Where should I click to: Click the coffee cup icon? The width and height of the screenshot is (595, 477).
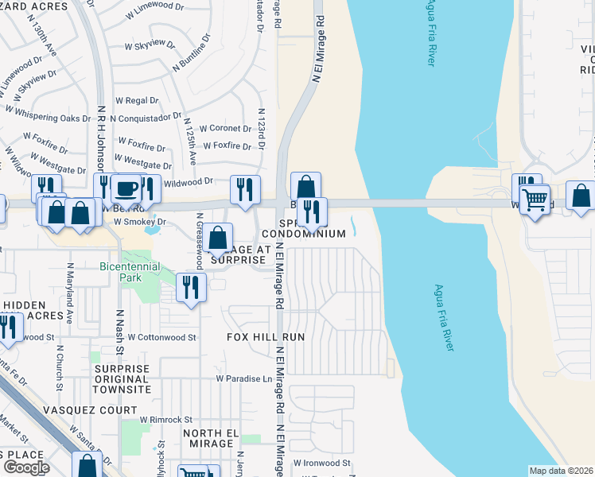click(x=126, y=189)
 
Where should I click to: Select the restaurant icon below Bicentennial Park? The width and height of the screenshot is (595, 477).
click(x=191, y=287)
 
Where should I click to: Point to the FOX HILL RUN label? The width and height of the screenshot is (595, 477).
click(x=266, y=337)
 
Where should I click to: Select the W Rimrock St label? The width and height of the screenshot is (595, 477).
click(x=166, y=419)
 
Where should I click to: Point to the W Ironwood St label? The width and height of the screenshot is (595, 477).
click(x=321, y=462)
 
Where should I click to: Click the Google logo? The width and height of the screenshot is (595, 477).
click(x=25, y=467)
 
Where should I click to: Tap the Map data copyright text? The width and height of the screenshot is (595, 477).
click(x=560, y=471)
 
